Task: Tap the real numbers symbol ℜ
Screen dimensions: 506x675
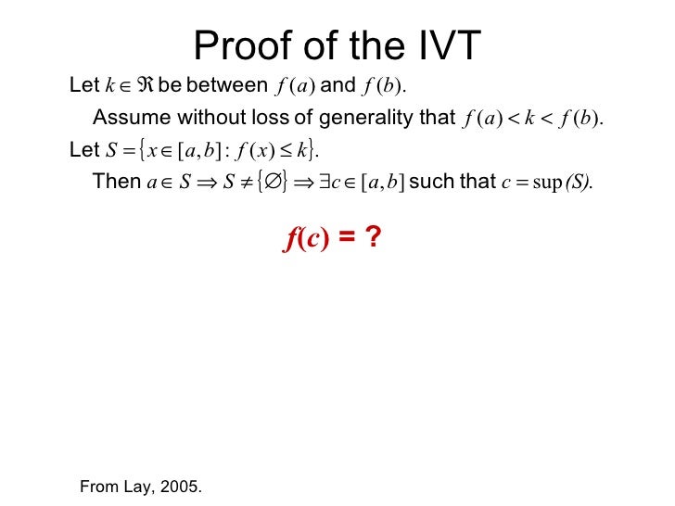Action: pyautogui.click(x=144, y=86)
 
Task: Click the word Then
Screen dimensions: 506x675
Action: pyautogui.click(x=117, y=182)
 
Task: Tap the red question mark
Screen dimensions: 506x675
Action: pyautogui.click(x=372, y=239)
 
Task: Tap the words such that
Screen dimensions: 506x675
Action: pyautogui.click(x=452, y=182)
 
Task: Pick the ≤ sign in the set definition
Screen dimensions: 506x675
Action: pyautogui.click(x=286, y=150)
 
